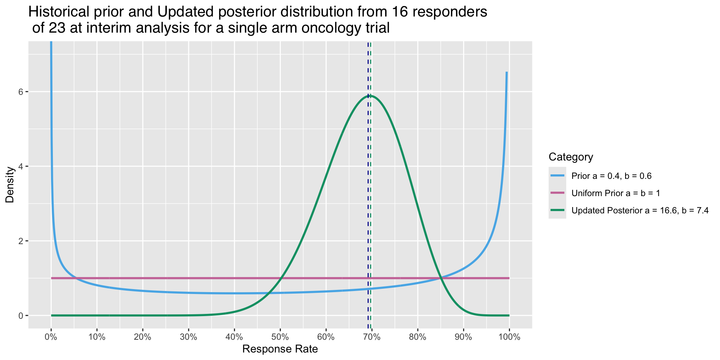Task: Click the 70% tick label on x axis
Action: [372, 337]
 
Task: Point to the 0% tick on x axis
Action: [51, 337]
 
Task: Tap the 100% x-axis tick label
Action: [509, 337]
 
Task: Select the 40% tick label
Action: [234, 337]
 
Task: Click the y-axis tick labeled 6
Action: [21, 92]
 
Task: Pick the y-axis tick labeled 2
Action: [21, 241]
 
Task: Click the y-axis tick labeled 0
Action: [21, 315]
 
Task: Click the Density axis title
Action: [10, 185]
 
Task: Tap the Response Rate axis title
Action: [280, 349]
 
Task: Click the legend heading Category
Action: [570, 157]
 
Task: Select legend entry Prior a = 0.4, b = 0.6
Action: [611, 176]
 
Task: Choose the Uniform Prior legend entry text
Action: [615, 193]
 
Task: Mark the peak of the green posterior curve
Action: [370, 95]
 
